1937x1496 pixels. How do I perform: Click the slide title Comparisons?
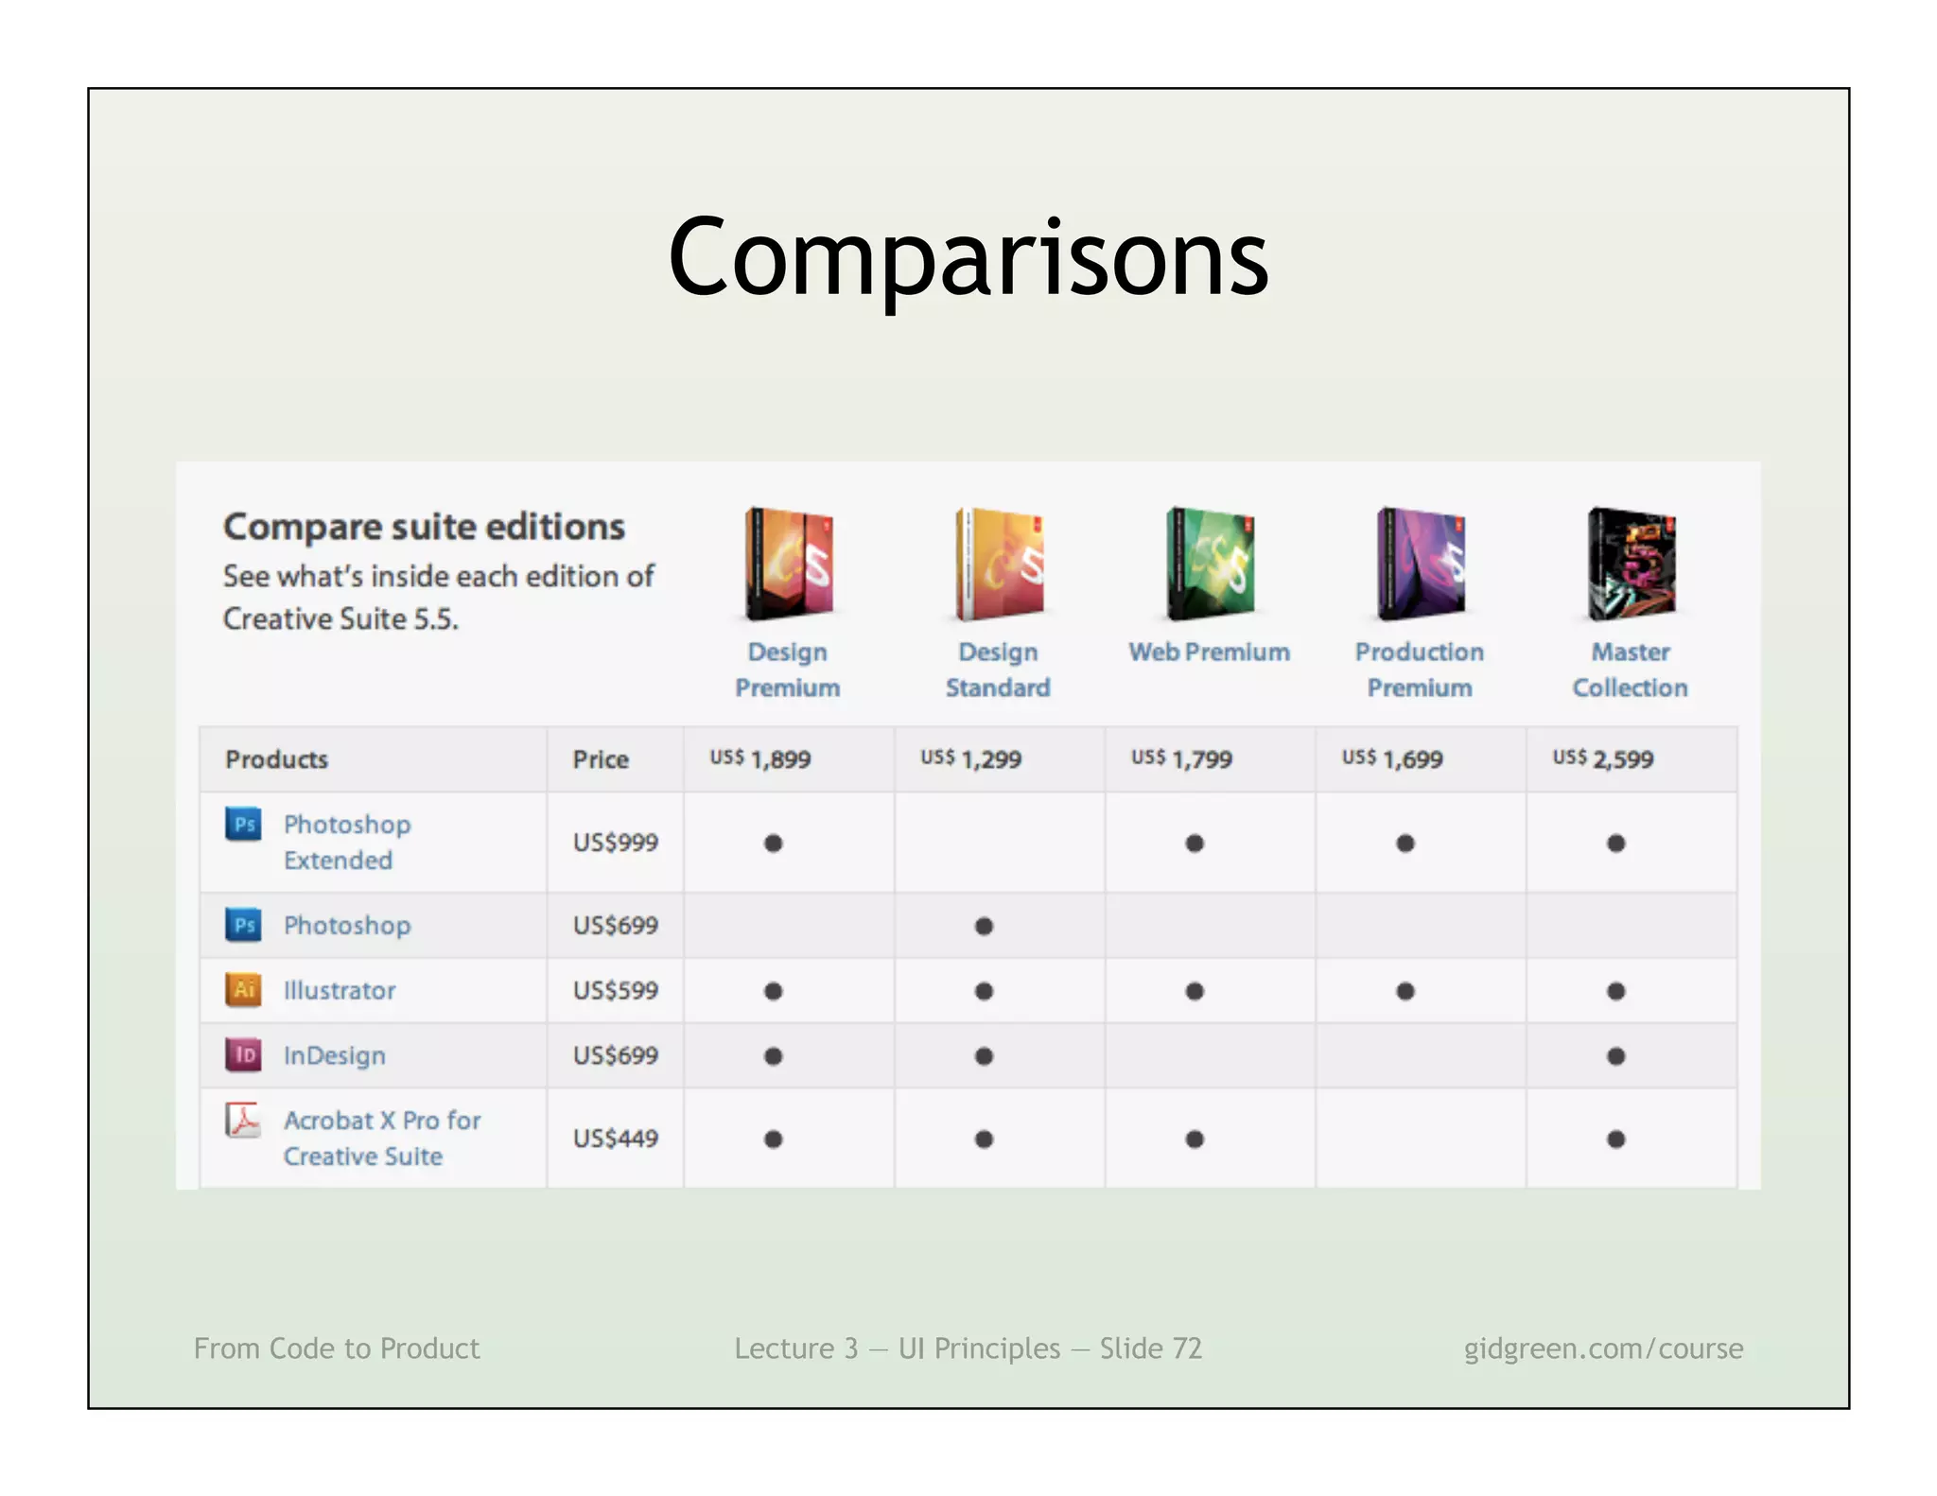(x=968, y=257)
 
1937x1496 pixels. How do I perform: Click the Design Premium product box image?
(x=789, y=564)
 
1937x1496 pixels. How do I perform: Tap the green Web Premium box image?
(x=1210, y=564)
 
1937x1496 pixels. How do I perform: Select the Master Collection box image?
(x=1631, y=564)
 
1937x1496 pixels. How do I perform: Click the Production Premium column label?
(x=1419, y=670)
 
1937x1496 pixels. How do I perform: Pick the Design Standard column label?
(x=998, y=670)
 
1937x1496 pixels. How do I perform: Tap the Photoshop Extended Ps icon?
(x=243, y=824)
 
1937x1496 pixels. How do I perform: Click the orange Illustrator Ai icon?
(x=243, y=989)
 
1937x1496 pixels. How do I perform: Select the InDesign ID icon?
(x=243, y=1054)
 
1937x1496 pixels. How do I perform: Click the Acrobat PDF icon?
(x=243, y=1121)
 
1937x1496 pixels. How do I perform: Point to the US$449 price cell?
(x=615, y=1138)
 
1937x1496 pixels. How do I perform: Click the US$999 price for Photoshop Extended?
(x=615, y=842)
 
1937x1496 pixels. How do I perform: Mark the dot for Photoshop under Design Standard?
(x=984, y=926)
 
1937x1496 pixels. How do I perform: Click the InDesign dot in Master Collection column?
(x=1615, y=1055)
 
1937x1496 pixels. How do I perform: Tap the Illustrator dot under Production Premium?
(x=1405, y=991)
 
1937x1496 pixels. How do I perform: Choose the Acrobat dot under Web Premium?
(x=1195, y=1139)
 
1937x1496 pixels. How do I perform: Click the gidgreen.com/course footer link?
(x=1603, y=1348)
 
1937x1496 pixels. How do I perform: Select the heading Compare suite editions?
(x=424, y=527)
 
